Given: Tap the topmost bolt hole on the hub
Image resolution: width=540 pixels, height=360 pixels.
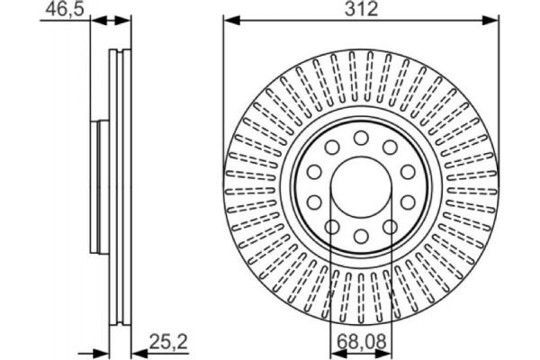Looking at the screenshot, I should (x=361, y=138).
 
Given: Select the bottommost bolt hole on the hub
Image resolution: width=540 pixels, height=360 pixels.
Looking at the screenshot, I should (x=361, y=236).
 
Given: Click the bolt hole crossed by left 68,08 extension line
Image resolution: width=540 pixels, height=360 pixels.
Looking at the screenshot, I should (x=331, y=226).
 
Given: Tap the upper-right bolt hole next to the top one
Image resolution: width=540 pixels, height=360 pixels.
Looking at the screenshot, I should (x=391, y=147).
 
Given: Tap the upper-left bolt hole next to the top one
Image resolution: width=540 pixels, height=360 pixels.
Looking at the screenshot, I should (x=331, y=147).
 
